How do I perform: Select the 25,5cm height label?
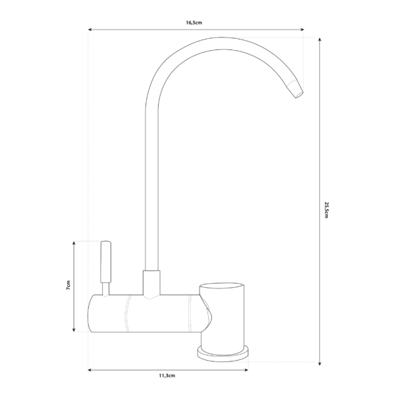[326, 209]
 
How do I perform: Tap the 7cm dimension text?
[66, 287]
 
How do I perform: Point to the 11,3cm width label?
[167, 376]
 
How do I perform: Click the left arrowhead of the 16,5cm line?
[91, 30]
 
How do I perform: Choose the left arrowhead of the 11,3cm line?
[91, 370]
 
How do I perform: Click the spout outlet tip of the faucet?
[298, 92]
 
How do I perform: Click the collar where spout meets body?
[151, 282]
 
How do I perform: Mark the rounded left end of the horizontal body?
[92, 314]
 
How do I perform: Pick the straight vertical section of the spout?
[151, 184]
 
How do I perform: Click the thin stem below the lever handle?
[105, 288]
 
